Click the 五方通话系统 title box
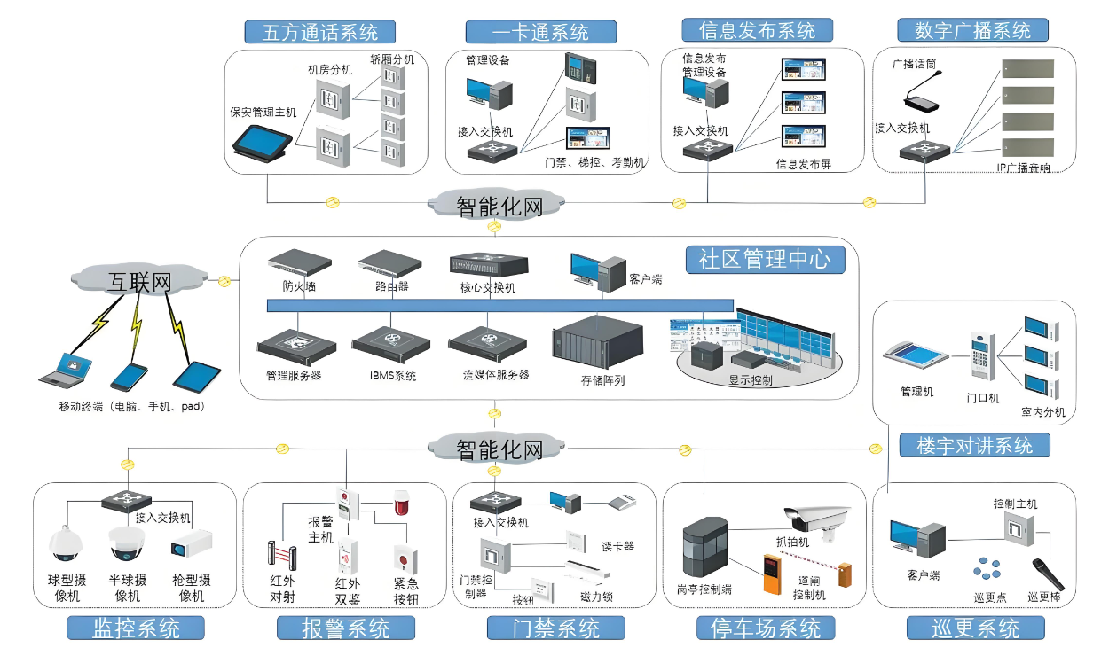320,32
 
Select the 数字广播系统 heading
972,30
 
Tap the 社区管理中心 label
764,259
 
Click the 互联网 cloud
139,282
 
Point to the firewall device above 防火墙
299,262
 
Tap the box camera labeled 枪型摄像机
193,543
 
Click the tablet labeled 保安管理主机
262,142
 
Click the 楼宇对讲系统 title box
974,445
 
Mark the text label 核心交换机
487,288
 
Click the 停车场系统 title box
765,628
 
